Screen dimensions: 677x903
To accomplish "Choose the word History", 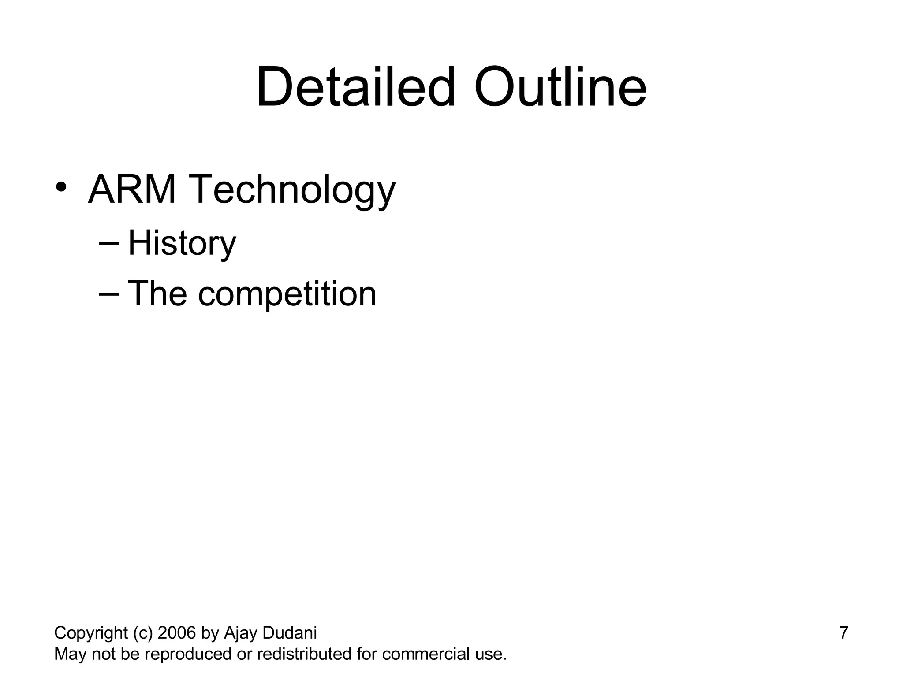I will click(182, 243).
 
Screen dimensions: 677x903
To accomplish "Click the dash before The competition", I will click(109, 294).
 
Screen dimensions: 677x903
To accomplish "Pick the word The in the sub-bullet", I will click(157, 294).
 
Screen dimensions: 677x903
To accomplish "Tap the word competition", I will click(287, 294).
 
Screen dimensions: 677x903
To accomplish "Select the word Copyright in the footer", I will click(91, 633).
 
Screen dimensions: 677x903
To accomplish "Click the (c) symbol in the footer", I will click(142, 633).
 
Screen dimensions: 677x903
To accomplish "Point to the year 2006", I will click(176, 633).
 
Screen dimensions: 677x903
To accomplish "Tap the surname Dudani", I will click(289, 633).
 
